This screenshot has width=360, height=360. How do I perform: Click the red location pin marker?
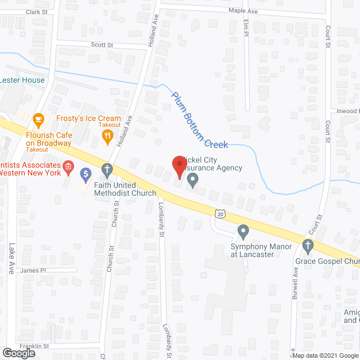tap(179, 165)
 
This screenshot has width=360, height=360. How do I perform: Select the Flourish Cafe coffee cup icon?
tap(38, 119)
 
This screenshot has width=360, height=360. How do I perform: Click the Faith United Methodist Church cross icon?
tap(107, 169)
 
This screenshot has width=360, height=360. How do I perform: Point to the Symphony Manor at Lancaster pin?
tap(243, 231)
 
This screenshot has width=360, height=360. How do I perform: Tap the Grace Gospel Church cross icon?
tap(307, 245)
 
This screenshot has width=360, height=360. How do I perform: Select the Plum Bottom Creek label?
tap(200, 120)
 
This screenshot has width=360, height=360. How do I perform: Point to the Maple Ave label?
tap(242, 10)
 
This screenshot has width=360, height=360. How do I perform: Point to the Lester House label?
tap(22, 80)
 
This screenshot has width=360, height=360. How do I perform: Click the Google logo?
tap(18, 353)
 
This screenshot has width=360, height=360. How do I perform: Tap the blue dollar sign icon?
tap(85, 175)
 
